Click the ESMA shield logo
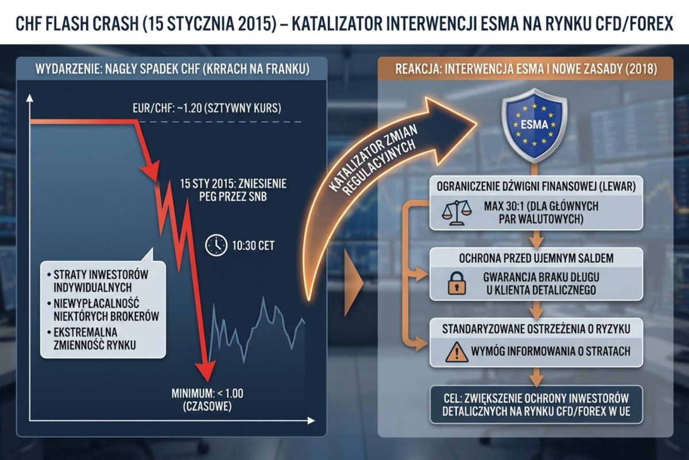[535, 126]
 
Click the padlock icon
[457, 283]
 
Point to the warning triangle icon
[457, 351]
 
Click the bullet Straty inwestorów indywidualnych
[100, 280]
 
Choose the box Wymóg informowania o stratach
[536, 351]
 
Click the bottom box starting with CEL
[536, 404]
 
